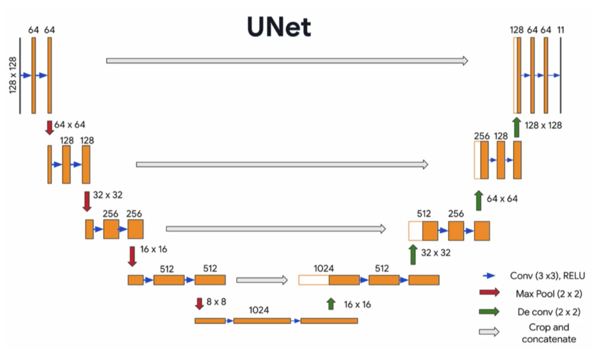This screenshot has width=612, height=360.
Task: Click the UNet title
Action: click(279, 27)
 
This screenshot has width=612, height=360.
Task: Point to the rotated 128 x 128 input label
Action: click(13, 75)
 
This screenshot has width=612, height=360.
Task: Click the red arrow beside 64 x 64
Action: click(49, 128)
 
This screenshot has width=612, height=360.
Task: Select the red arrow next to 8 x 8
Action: click(199, 303)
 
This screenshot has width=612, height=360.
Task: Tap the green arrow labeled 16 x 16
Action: click(331, 304)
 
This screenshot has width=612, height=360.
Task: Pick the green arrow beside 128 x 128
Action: click(516, 127)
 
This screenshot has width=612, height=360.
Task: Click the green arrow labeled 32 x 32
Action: click(413, 254)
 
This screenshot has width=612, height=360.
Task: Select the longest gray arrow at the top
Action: click(287, 60)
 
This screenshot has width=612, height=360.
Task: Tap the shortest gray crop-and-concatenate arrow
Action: click(262, 280)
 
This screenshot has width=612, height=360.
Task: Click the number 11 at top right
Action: click(560, 30)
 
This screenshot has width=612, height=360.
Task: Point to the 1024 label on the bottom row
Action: click(259, 311)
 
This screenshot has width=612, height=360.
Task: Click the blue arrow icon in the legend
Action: click(489, 276)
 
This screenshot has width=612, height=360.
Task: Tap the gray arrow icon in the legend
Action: click(489, 332)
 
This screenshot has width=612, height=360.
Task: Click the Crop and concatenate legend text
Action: click(548, 333)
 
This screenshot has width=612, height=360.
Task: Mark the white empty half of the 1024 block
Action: click(314, 280)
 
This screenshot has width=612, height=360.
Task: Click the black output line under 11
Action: click(560, 75)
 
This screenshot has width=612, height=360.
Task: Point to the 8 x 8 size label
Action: click(216, 302)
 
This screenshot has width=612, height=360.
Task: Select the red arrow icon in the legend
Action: click(489, 293)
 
